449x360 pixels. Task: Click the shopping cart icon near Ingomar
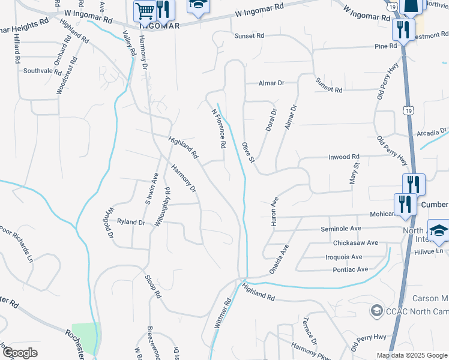pos(145,11)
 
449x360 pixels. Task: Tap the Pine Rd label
pos(385,46)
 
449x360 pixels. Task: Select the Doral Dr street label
pos(271,120)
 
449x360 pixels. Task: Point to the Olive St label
pos(249,152)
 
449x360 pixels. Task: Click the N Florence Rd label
pos(218,123)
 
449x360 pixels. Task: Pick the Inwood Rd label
pos(343,157)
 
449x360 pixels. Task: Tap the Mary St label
pos(354,173)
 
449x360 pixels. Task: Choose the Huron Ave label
pos(275,211)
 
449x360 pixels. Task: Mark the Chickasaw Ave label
pos(356,242)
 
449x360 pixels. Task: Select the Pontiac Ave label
pos(351,269)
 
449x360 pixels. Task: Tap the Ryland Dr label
pos(131,222)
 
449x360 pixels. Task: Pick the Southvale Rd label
pos(42,71)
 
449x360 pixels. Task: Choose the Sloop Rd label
pos(154,286)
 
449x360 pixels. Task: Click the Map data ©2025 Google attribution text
pos(412,355)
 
